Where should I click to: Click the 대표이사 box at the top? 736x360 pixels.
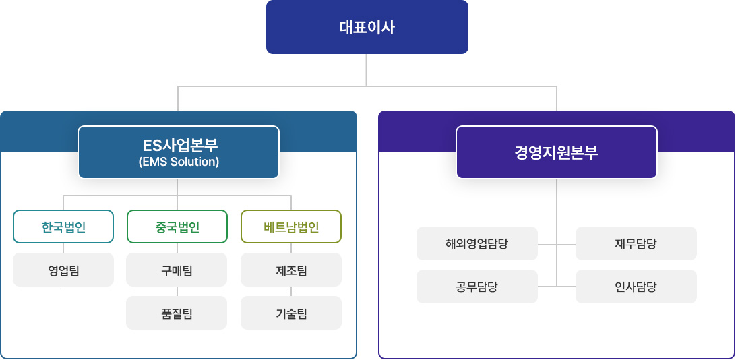coord(367,27)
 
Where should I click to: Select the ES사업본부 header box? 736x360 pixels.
coord(179,152)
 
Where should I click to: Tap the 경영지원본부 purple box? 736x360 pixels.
coord(557,152)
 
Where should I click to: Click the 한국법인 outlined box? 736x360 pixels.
coord(63,227)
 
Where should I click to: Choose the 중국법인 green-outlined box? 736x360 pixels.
coord(177,227)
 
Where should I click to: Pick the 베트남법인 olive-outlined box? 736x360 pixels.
coord(291,227)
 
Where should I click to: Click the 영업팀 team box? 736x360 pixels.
coord(63,270)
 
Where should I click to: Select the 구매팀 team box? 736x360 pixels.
coord(177,270)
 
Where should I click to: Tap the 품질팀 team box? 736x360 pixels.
coord(177,313)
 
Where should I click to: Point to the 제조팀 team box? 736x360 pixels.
coord(291,270)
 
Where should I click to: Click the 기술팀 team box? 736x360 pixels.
coord(291,313)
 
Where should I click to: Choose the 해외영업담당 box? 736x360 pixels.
coord(477,243)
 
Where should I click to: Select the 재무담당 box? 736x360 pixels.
coord(636,243)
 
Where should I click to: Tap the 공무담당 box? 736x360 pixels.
coord(477,287)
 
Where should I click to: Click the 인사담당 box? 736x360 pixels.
coord(636,287)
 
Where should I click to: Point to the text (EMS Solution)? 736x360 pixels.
coord(179,162)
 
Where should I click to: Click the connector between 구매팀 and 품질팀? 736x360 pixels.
coord(177,291)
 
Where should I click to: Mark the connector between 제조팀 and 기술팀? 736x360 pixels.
coord(291,291)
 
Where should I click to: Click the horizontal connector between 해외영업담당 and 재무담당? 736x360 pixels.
coord(557,245)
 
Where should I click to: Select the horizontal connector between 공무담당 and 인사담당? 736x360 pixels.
coord(557,287)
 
